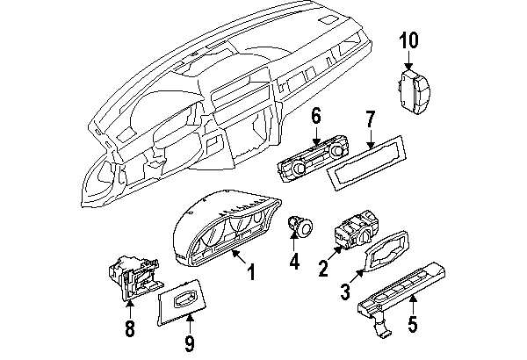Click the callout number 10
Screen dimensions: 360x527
click(409, 40)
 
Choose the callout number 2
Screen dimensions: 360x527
click(324, 268)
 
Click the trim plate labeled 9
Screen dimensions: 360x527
click(186, 299)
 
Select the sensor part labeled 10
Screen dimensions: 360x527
click(415, 91)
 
